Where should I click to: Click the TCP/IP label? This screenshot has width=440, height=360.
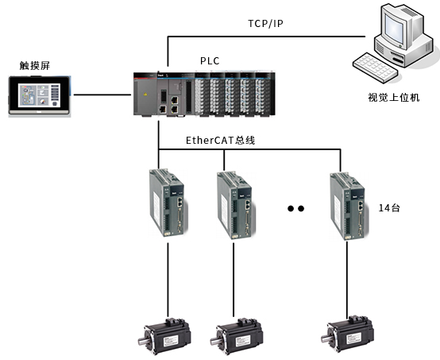tap(265, 24)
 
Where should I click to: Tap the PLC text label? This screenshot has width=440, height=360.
tap(210, 61)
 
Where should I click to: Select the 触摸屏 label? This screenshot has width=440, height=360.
tap(35, 66)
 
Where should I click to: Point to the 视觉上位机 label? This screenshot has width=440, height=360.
tap(394, 98)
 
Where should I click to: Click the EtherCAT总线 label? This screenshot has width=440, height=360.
tap(221, 140)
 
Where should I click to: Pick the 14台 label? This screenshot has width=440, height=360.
tap(389, 207)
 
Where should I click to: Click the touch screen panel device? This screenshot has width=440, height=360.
tap(39, 95)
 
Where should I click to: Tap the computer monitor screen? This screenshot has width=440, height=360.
tap(393, 28)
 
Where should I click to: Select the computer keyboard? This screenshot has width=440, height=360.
tap(375, 68)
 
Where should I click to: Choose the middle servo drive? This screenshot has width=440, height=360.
tap(236, 206)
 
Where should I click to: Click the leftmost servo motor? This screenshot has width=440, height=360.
tap(165, 336)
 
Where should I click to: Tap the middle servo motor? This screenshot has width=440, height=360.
tap(237, 336)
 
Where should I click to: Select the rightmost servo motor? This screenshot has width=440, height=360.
tap(348, 334)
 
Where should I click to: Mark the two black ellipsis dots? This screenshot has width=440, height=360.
tap(295, 209)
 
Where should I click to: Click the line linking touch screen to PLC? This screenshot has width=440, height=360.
tap(102, 95)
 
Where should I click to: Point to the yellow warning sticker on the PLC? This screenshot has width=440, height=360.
tap(145, 95)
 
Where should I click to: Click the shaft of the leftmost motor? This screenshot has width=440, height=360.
tap(142, 342)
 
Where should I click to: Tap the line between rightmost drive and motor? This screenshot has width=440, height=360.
tap(347, 280)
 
